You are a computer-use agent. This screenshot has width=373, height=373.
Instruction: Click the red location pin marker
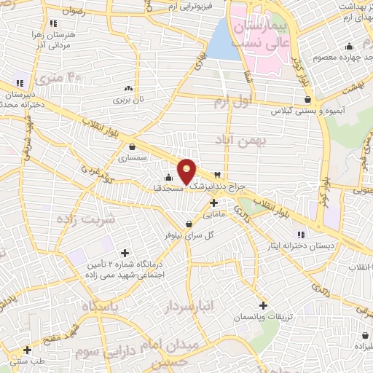click(187, 170)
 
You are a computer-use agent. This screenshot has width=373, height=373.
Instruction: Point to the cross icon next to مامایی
click(213, 202)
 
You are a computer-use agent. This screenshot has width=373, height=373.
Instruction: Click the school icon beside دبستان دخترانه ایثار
click(302, 234)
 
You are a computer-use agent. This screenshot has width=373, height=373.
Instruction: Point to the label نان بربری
click(130, 98)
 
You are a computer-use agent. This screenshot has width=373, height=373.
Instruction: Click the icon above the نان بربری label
click(130, 87)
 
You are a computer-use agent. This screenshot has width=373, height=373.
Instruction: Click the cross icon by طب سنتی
click(26, 350)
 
